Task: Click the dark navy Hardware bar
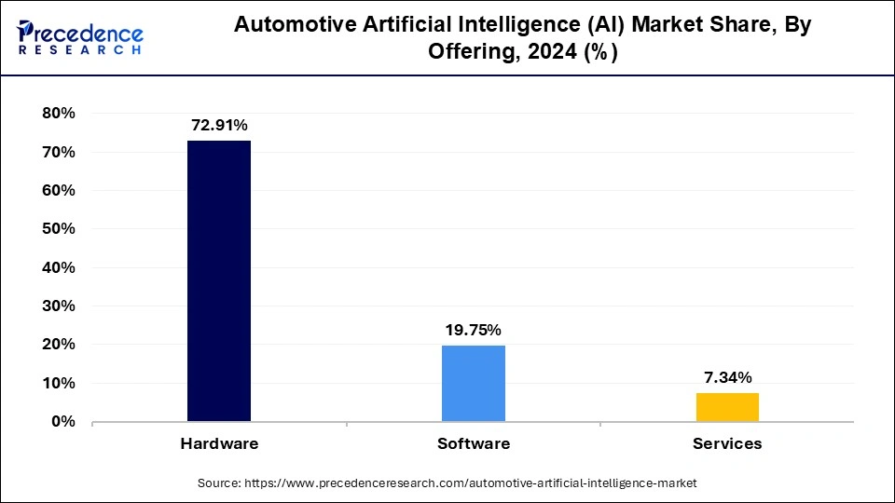click(x=219, y=280)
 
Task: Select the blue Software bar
click(x=474, y=383)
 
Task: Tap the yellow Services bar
click(x=727, y=407)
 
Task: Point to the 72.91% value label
click(x=219, y=125)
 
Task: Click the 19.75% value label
click(x=474, y=330)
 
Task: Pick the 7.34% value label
click(x=727, y=377)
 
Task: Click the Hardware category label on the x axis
click(x=219, y=443)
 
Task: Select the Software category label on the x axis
click(x=474, y=443)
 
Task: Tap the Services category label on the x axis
click(x=727, y=443)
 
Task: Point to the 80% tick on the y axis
click(x=57, y=114)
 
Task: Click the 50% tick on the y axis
click(x=57, y=229)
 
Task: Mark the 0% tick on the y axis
click(x=62, y=422)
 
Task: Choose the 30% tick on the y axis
click(x=57, y=306)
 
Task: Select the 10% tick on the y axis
click(x=57, y=384)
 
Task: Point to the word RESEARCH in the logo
click(x=80, y=50)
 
